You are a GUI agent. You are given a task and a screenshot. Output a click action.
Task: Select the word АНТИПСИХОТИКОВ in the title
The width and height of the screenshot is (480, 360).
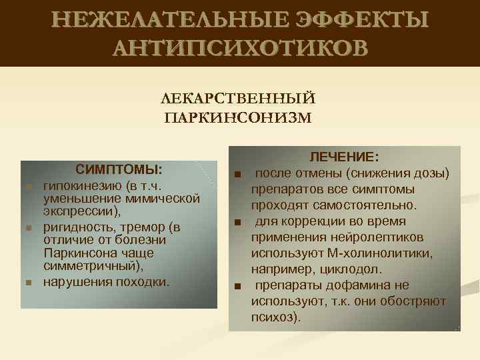pos(239,49)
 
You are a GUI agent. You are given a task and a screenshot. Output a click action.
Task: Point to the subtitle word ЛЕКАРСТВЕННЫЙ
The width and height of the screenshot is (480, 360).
pos(239,99)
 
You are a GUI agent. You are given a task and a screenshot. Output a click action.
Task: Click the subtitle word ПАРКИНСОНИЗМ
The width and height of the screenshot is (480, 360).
pos(239,118)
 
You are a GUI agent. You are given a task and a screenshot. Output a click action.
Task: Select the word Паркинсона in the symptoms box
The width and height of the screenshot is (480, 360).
pos(75,253)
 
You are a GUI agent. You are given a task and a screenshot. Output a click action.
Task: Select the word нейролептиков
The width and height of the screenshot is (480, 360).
pos(380,237)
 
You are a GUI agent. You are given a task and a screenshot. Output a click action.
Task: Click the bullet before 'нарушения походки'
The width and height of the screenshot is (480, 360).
pos(28,283)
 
